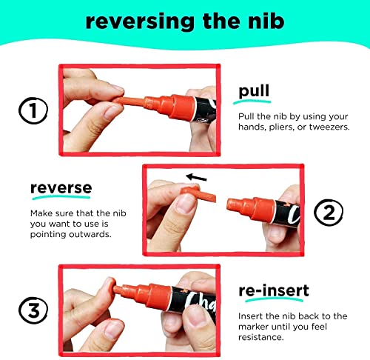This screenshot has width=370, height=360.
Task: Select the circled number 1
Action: tap(33, 110)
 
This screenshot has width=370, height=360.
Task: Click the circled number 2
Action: tap(329, 212)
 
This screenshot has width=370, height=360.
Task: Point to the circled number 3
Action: tap(33, 310)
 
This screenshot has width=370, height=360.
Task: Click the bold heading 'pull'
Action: tap(254, 91)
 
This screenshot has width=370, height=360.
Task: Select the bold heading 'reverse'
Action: tap(61, 188)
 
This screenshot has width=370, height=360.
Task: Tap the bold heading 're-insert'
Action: tap(274, 290)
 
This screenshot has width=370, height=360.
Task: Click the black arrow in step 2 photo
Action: tap(196, 177)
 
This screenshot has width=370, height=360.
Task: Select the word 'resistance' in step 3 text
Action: tap(260, 337)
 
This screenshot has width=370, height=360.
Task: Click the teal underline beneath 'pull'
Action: tap(252, 101)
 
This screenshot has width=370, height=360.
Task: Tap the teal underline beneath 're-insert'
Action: tap(274, 300)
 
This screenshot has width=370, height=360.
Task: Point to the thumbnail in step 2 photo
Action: tap(185, 203)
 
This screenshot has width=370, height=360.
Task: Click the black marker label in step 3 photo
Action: tap(194, 304)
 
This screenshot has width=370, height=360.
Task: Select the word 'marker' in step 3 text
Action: tap(253, 327)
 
